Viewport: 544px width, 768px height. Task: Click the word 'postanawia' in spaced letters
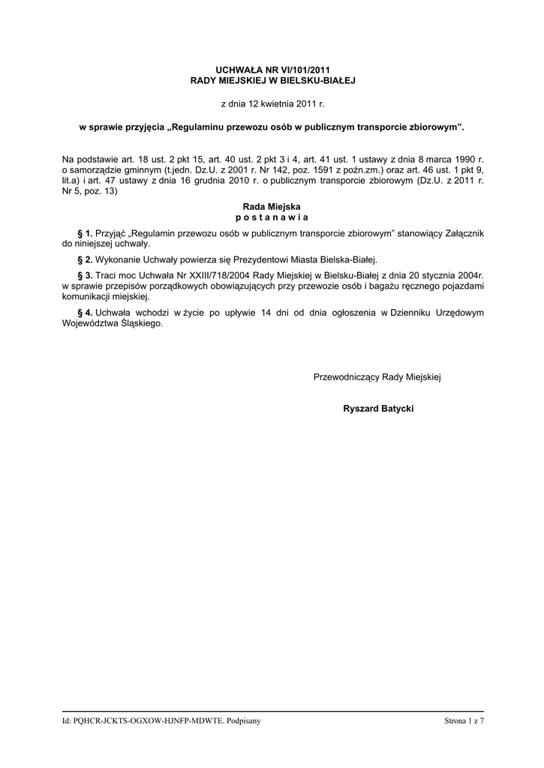tap(272, 217)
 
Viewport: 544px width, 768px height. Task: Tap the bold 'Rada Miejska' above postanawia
tap(272, 205)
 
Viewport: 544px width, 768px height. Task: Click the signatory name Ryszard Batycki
tap(378, 409)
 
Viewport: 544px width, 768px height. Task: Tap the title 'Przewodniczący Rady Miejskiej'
tap(377, 376)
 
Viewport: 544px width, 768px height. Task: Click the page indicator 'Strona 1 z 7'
tap(464, 721)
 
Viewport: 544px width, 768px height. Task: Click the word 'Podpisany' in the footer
tap(243, 721)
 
